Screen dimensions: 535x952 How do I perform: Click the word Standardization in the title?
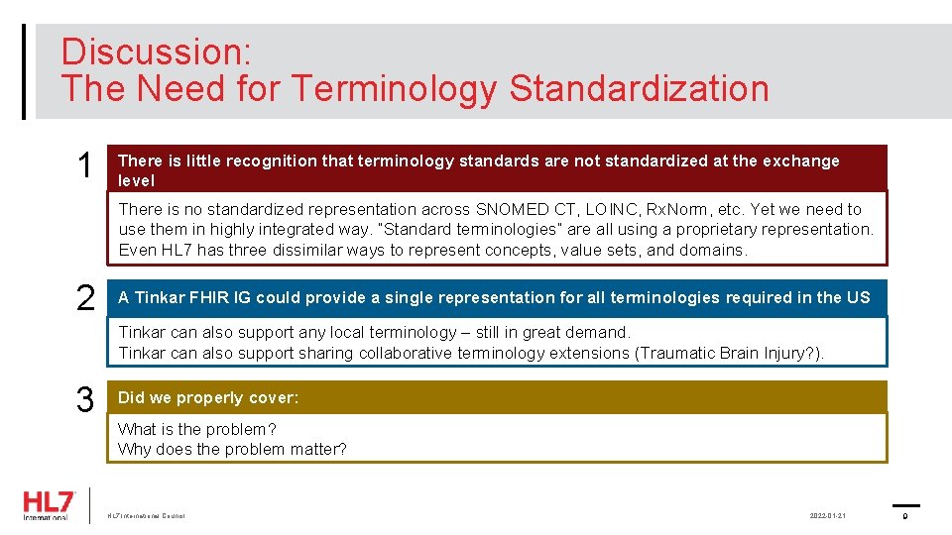[639, 88]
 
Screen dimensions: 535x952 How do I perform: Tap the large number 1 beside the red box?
[85, 167]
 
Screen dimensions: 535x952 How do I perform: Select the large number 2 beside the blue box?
[85, 298]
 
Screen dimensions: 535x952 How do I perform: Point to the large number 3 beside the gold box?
[85, 399]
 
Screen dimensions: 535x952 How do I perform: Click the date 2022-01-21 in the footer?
[827, 516]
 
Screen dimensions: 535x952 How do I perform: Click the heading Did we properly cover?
[208, 397]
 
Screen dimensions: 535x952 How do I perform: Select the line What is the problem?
[197, 429]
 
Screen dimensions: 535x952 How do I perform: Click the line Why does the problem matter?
[232, 449]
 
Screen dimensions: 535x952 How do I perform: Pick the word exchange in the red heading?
[801, 160]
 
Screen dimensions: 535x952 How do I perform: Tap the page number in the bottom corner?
[905, 516]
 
